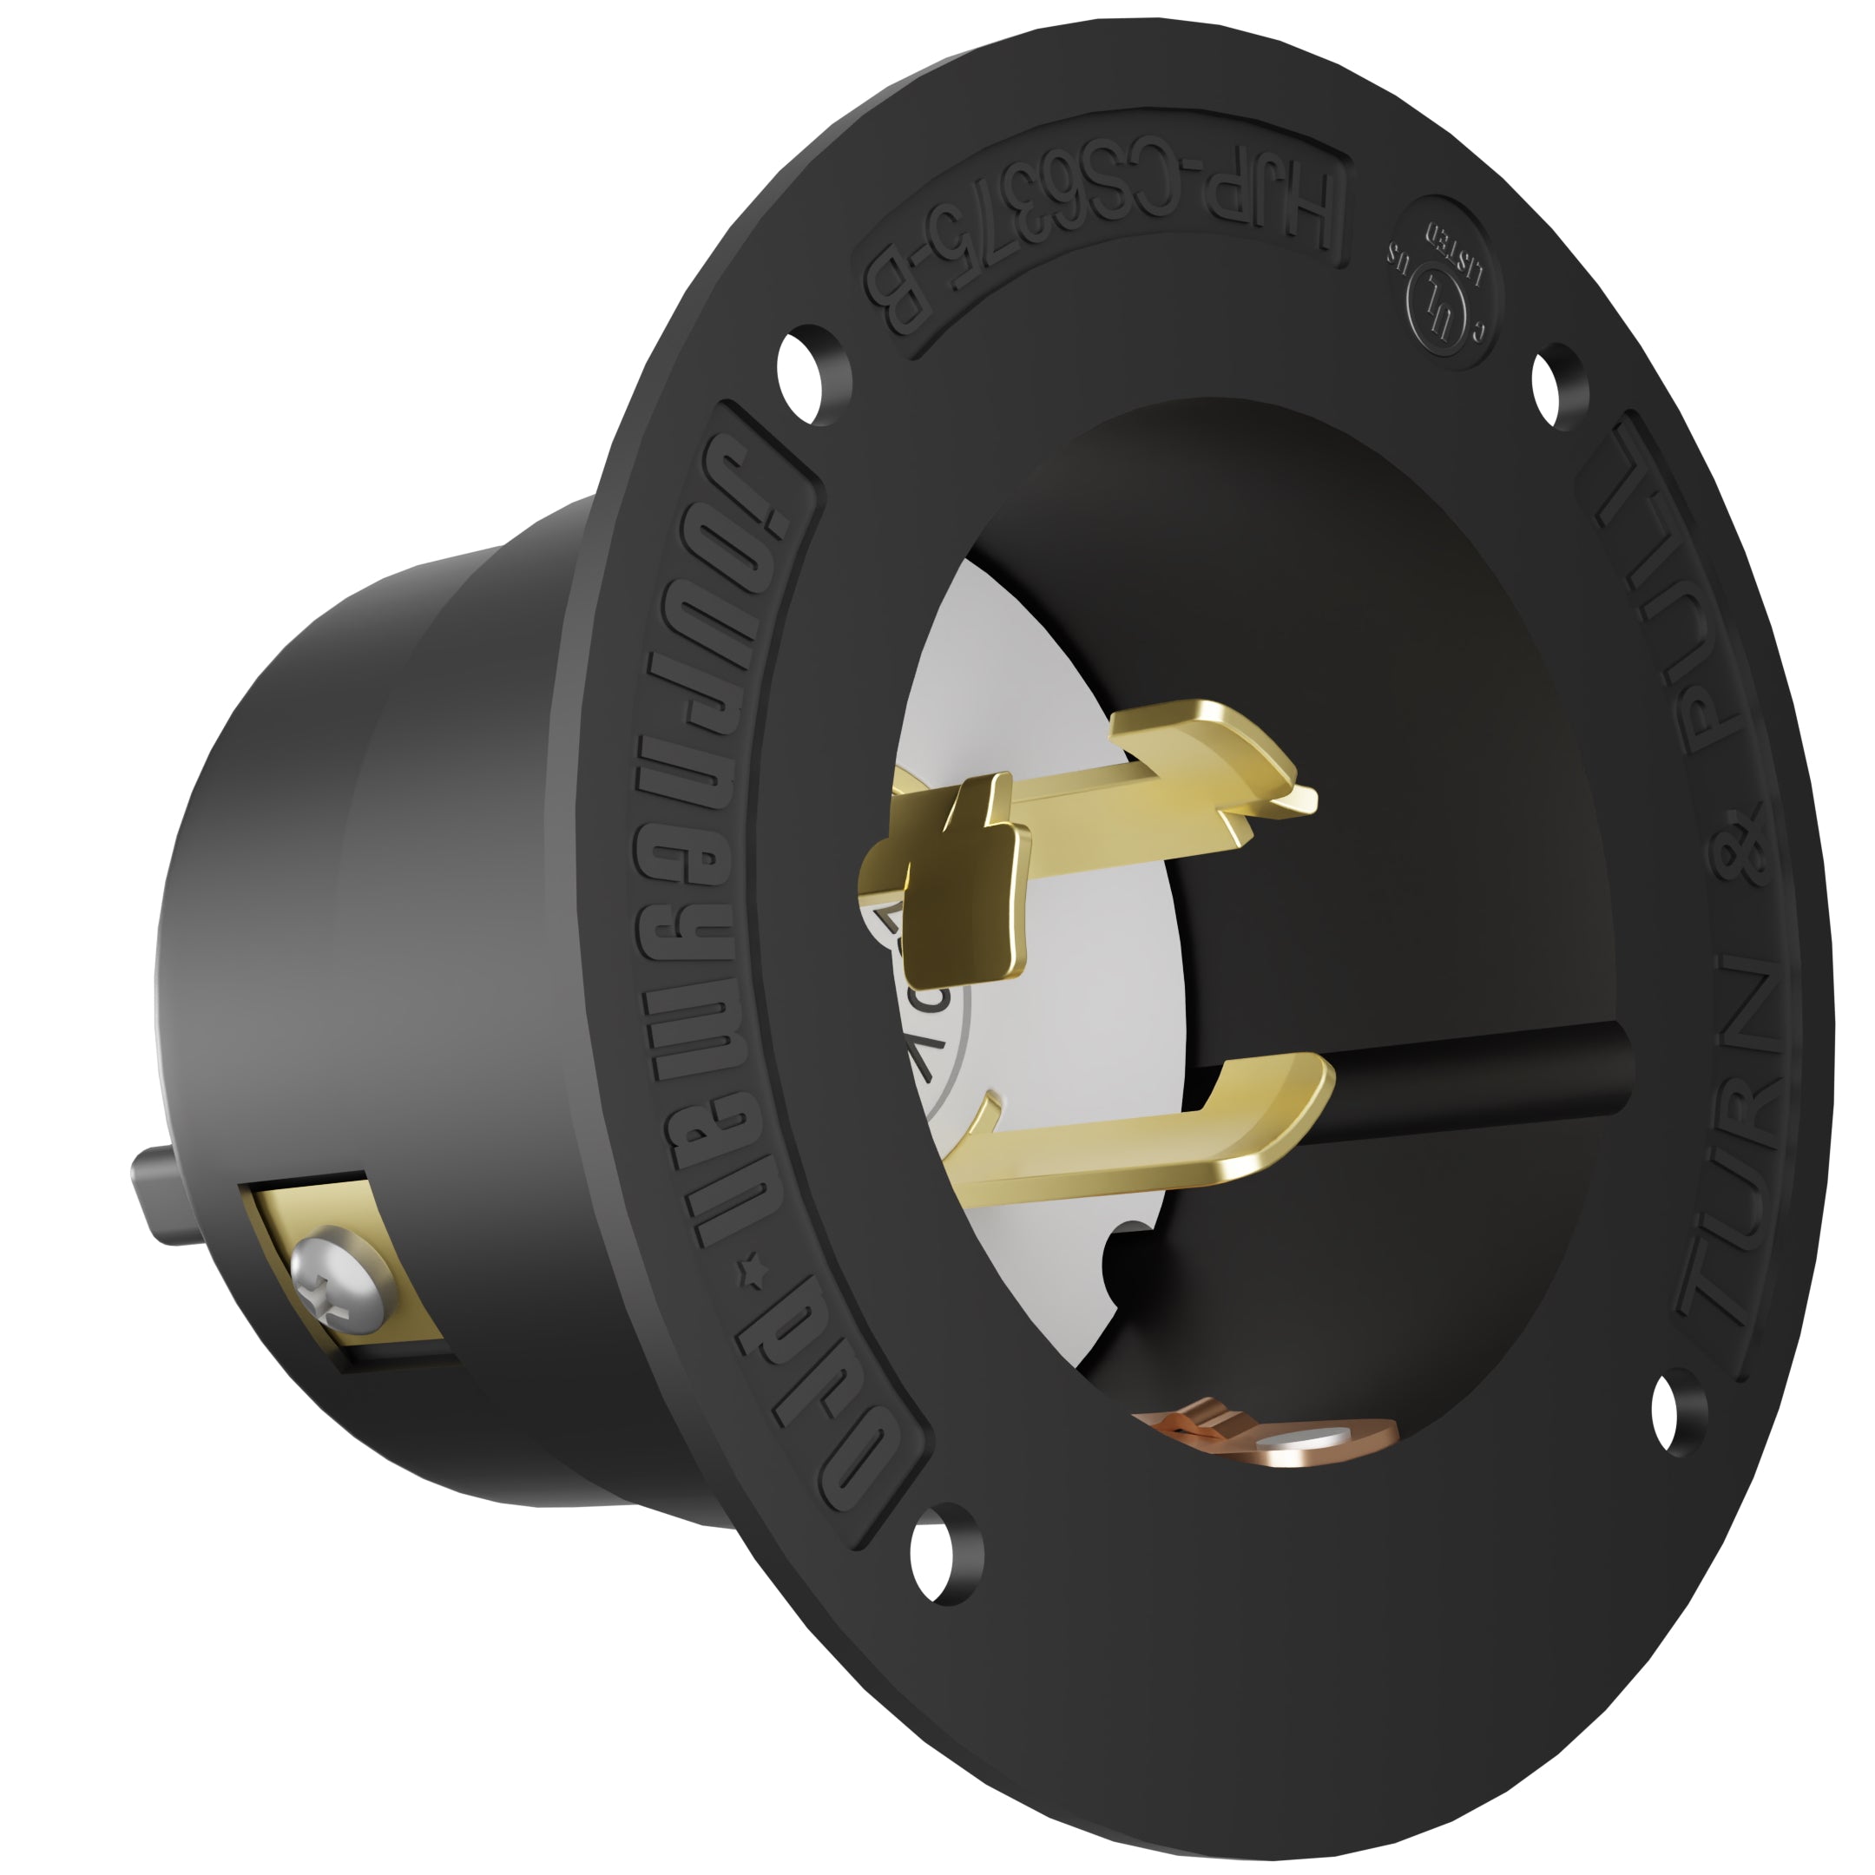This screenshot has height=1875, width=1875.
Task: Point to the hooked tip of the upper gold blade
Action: (x=1281, y=791)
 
